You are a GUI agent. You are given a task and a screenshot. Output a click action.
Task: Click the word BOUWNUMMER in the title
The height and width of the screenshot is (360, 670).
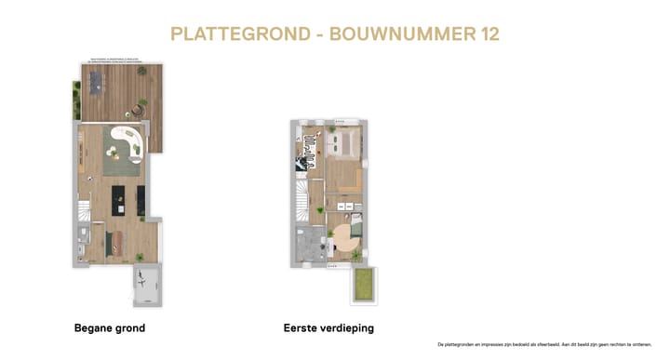point(401,34)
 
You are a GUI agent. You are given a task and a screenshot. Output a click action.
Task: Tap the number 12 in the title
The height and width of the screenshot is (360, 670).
point(487,34)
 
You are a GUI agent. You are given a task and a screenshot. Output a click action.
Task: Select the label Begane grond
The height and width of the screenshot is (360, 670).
point(109,328)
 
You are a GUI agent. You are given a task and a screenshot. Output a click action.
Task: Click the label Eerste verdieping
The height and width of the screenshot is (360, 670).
point(328,328)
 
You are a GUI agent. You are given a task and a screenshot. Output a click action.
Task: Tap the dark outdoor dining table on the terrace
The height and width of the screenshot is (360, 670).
point(98,85)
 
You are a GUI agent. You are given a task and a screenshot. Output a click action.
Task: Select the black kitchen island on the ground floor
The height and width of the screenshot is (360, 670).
point(118,197)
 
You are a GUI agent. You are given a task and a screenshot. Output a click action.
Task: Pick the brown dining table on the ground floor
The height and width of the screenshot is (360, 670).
point(114,242)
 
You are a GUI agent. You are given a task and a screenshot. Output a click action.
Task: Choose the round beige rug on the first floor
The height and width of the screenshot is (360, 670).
point(346,238)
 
